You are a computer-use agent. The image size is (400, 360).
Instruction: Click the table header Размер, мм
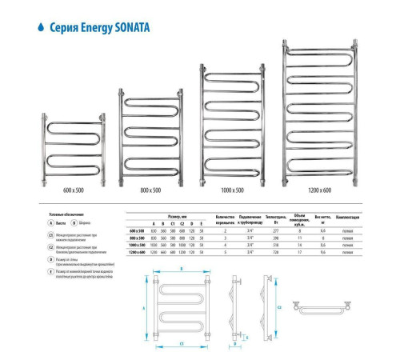(x=178, y=216)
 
